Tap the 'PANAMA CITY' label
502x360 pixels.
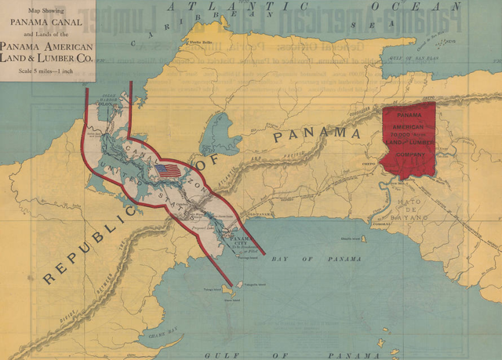coord(239,241)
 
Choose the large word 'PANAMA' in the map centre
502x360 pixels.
coord(318,134)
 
